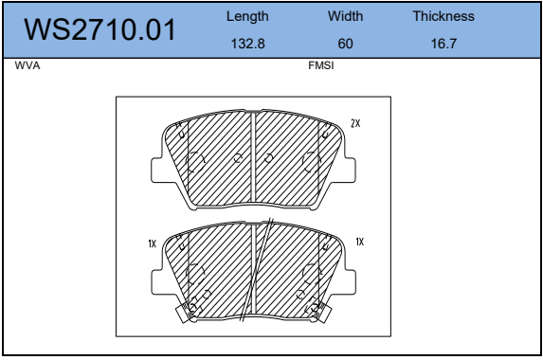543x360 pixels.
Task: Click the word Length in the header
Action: tap(249, 17)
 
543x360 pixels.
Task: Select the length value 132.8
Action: tap(249, 44)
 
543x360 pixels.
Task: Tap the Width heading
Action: tap(345, 17)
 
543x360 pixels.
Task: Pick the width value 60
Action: tap(345, 44)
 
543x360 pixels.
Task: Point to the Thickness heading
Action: tap(443, 17)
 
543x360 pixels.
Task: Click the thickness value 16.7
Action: tap(443, 44)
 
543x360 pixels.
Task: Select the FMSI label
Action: tap(321, 68)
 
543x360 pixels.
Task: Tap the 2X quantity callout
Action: tap(356, 124)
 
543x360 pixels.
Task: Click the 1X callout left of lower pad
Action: tap(151, 243)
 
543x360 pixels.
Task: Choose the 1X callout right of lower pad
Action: tap(360, 243)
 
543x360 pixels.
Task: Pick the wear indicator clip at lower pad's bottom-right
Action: tap(316, 308)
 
